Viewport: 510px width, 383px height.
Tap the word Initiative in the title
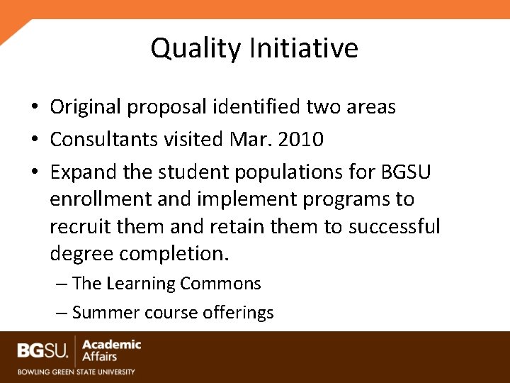coord(303,49)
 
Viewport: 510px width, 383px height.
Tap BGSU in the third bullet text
coord(406,172)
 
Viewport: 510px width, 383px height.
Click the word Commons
coord(220,284)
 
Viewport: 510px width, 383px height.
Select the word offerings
coord(237,313)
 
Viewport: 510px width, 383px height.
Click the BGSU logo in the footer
coord(44,350)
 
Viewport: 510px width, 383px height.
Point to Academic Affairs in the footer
coord(111,350)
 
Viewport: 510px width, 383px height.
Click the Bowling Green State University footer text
coord(76,371)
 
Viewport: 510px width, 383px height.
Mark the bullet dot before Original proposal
coord(34,108)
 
